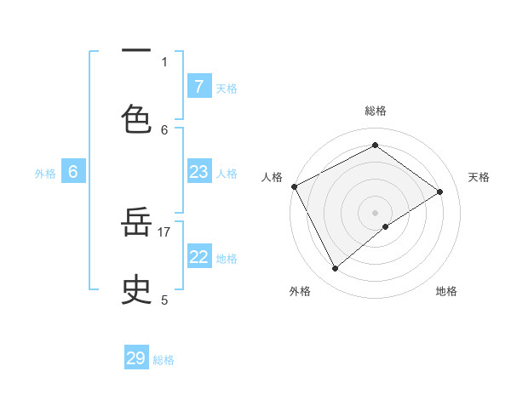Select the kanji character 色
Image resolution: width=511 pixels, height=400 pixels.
tap(136, 119)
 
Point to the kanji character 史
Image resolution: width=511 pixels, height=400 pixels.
tap(136, 290)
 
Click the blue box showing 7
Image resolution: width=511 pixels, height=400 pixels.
tap(198, 86)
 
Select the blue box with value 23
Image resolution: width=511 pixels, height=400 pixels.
tap(198, 172)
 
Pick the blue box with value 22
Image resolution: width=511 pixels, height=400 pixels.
tap(198, 257)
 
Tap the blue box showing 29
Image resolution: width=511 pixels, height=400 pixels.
tap(136, 358)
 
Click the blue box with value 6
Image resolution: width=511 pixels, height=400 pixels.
tap(73, 172)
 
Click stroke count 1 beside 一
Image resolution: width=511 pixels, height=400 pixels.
tap(164, 61)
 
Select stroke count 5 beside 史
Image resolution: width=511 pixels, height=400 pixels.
tap(164, 300)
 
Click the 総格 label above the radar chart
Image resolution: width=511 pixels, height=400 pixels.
tap(375, 111)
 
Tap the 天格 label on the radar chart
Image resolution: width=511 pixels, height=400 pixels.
tap(479, 177)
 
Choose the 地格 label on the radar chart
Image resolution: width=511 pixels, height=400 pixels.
tap(446, 291)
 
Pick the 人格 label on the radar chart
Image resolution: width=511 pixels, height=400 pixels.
tap(272, 177)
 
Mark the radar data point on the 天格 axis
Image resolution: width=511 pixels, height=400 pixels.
tap(440, 191)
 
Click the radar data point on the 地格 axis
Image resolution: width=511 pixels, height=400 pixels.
tap(386, 226)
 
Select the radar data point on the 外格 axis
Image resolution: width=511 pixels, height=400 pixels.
tap(336, 269)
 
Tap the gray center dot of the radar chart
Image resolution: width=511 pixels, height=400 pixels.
tap(375, 212)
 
